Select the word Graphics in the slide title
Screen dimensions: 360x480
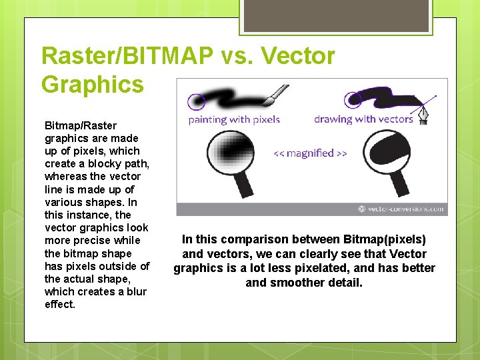click(x=92, y=85)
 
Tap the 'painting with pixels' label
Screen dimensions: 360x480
click(x=234, y=120)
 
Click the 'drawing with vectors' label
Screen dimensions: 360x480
click(x=364, y=120)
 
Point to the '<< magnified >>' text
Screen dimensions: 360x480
click(x=310, y=153)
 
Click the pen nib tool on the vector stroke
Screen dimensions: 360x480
click(x=423, y=115)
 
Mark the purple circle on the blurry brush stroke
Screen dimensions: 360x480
click(x=197, y=101)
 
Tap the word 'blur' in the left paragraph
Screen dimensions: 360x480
click(x=135, y=292)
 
